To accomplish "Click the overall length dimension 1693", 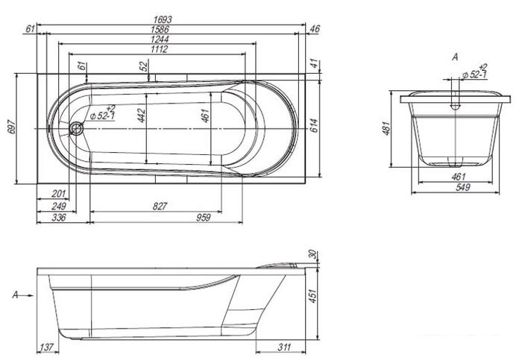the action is click(x=162, y=19).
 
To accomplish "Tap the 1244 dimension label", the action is click(x=160, y=40).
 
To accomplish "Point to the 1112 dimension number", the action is click(x=159, y=49).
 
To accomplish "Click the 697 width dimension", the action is click(x=11, y=127).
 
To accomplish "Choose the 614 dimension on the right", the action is click(x=314, y=125).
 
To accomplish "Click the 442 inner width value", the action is click(x=142, y=115).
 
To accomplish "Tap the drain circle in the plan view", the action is click(x=77, y=128).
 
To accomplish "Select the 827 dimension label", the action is click(x=160, y=206).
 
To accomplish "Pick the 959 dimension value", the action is click(x=204, y=218).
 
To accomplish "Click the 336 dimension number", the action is click(x=59, y=218).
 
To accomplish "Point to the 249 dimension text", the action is click(x=59, y=206).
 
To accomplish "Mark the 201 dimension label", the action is click(x=59, y=193).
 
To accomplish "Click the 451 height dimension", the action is click(x=312, y=296).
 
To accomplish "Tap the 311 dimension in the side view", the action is click(x=284, y=347).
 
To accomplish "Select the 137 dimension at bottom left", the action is click(x=46, y=347).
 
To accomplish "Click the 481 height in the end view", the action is click(x=386, y=128).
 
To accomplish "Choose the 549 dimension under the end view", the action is click(x=463, y=187).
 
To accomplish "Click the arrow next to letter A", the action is click(x=28, y=295).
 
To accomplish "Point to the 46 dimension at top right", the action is click(x=314, y=29).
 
